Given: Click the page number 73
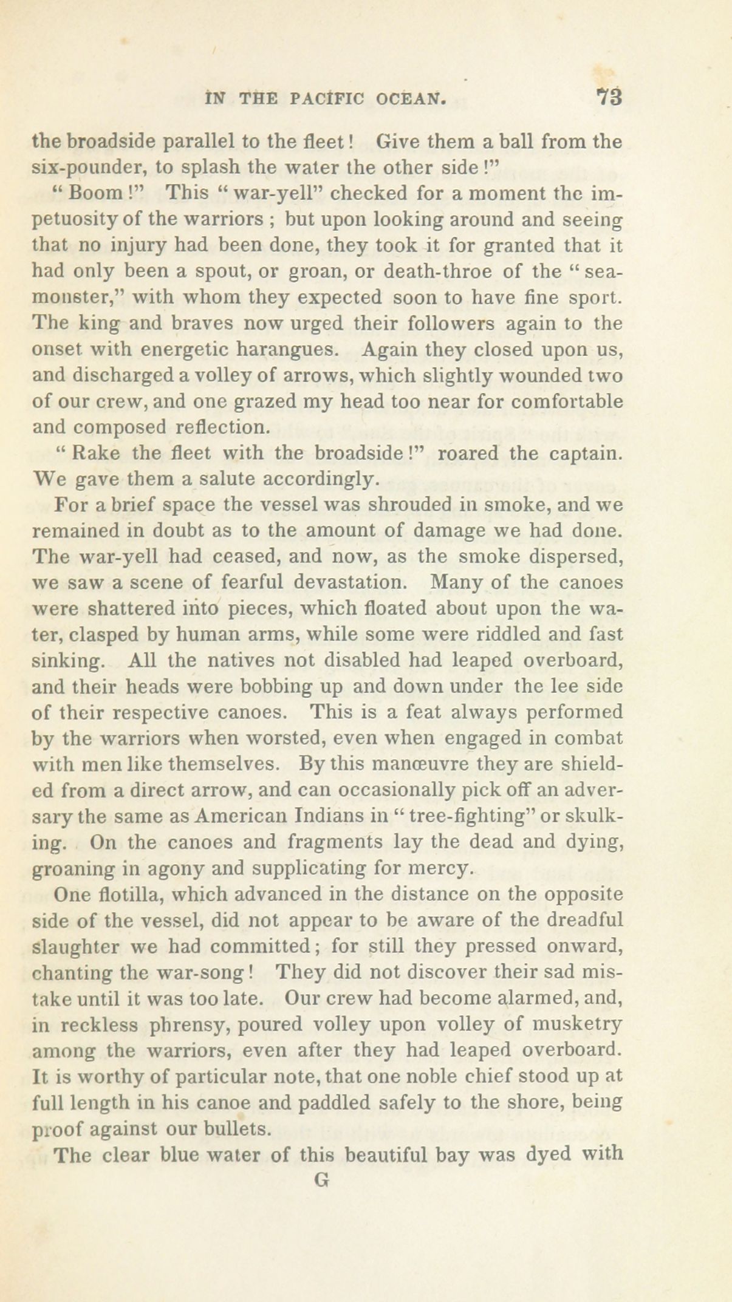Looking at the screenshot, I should (610, 98).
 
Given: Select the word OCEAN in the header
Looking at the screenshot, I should (415, 98).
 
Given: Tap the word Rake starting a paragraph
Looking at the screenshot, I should (91, 454).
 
